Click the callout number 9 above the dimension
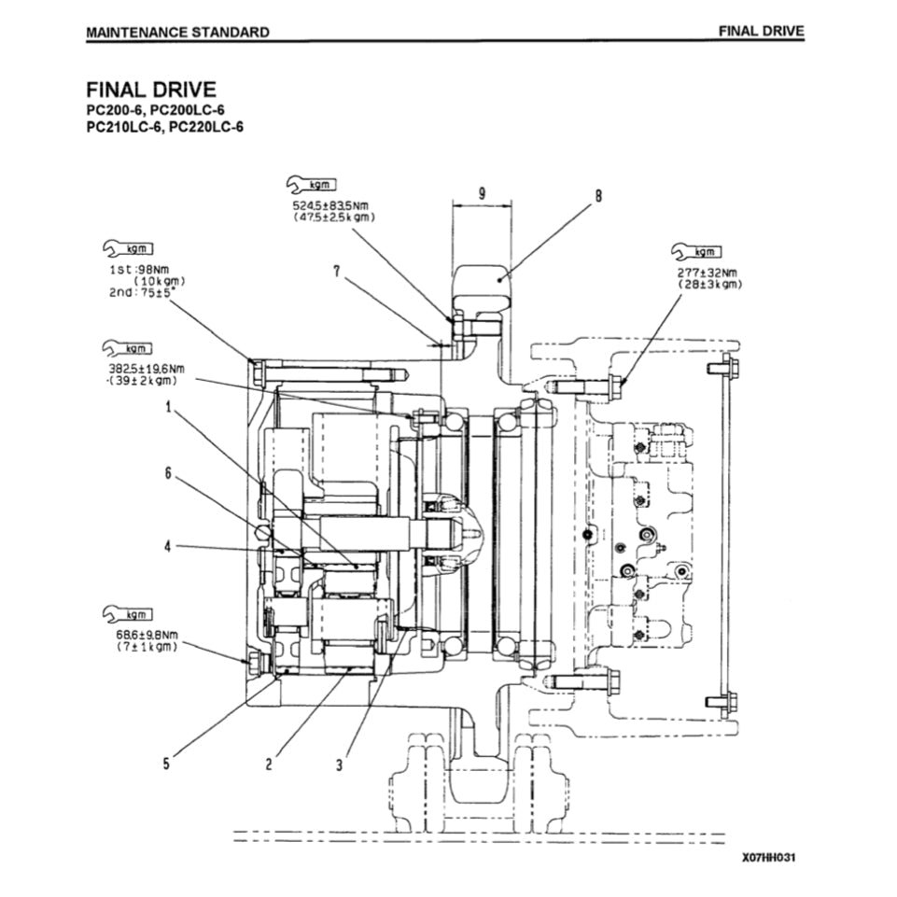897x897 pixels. [482, 193]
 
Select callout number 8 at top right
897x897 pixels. [598, 195]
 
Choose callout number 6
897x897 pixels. [169, 473]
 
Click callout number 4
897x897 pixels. [168, 547]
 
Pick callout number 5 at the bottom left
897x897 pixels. [166, 764]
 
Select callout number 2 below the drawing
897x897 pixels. [269, 764]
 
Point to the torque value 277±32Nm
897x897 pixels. [710, 273]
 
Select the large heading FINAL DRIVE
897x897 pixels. [151, 90]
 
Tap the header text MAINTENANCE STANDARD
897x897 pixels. [177, 32]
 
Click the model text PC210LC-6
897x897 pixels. [119, 127]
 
